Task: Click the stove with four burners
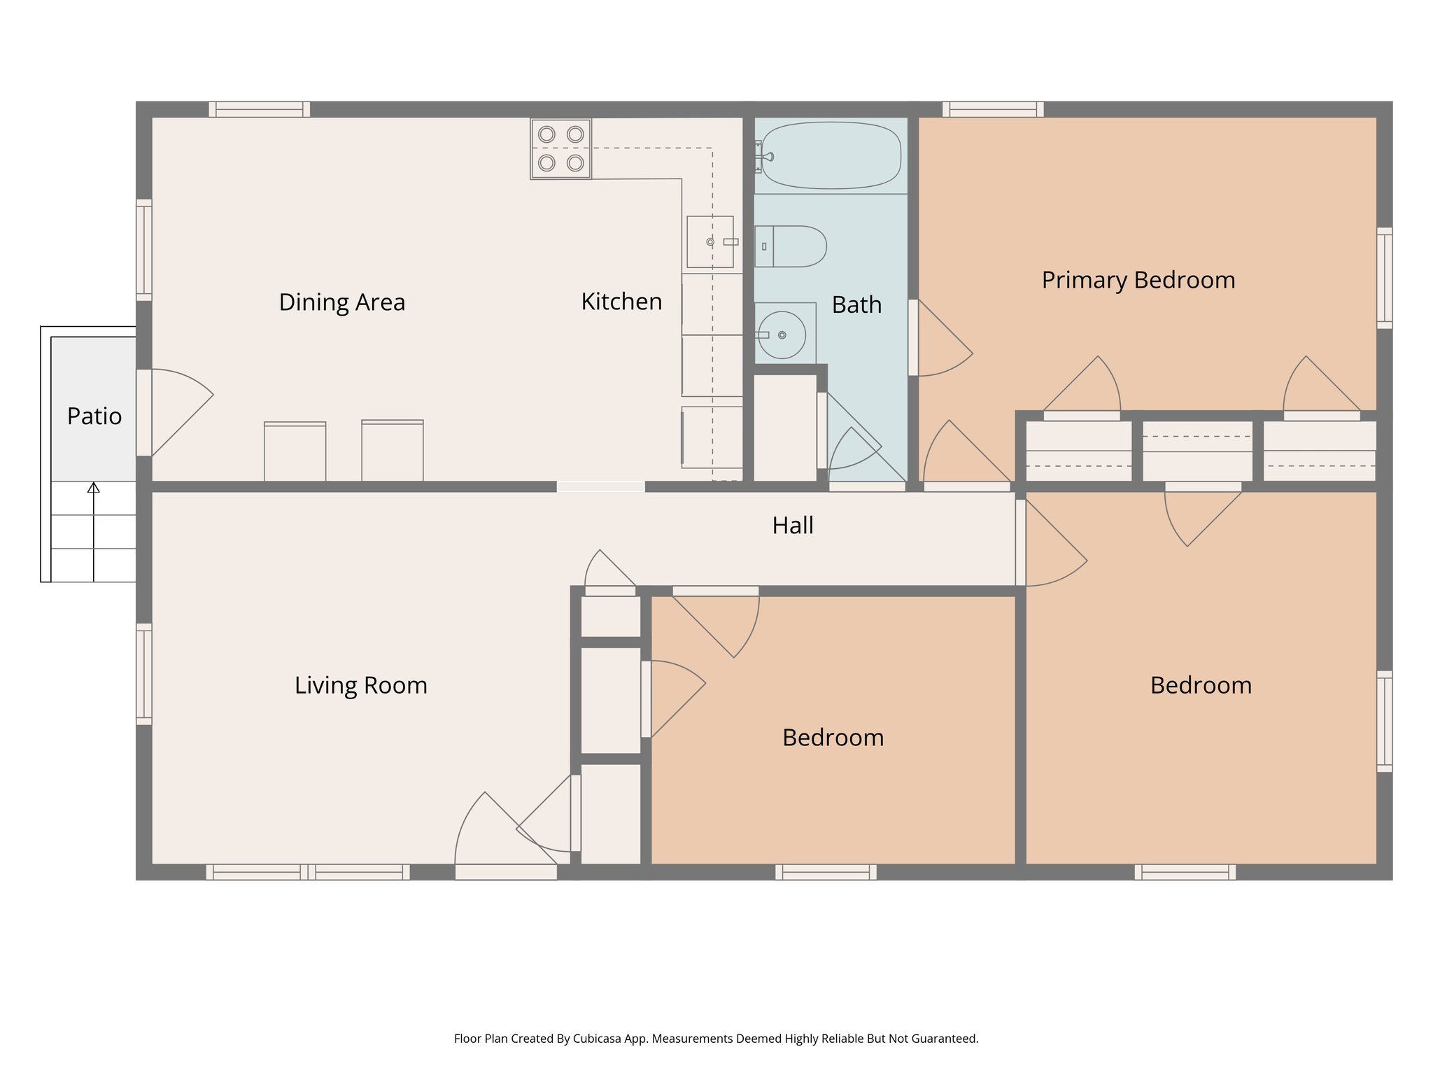click(x=560, y=148)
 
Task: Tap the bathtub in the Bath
click(x=831, y=155)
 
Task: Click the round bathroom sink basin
click(x=782, y=335)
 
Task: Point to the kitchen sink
click(x=710, y=241)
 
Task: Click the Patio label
click(x=94, y=416)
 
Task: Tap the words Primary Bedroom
click(x=1138, y=280)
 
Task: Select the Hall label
click(x=792, y=526)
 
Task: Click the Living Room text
click(x=360, y=685)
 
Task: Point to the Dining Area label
click(x=341, y=302)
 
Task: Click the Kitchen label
click(x=621, y=302)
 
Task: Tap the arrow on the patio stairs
click(x=93, y=488)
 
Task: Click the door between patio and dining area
click(x=175, y=413)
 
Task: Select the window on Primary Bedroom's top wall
click(x=992, y=109)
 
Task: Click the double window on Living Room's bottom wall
click(x=308, y=872)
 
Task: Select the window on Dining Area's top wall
click(x=259, y=109)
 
